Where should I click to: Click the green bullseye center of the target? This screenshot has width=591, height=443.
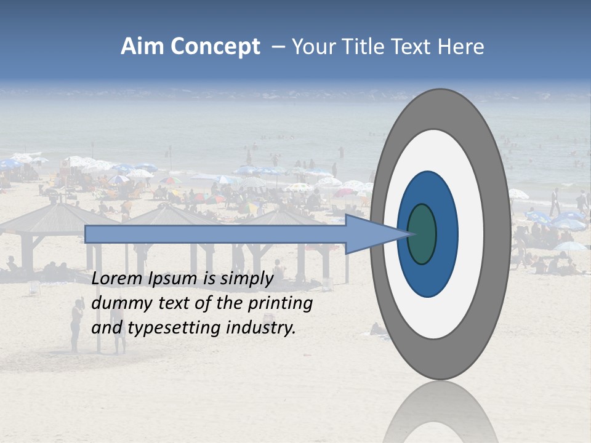pos(422,234)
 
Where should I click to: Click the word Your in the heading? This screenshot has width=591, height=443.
pos(312,47)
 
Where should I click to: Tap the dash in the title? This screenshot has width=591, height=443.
pos(278,47)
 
